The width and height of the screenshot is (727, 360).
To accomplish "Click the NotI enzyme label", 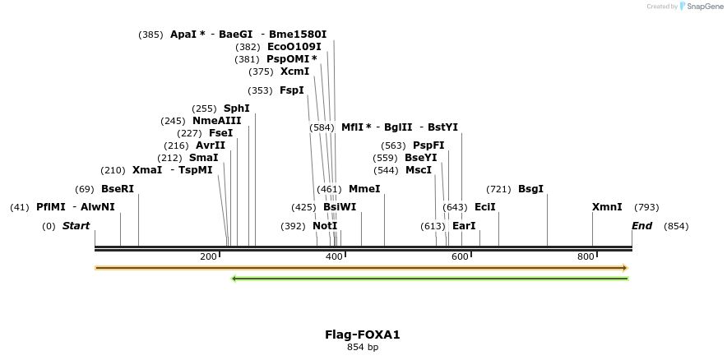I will (x=325, y=226).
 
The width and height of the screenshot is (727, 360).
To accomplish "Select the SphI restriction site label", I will (x=236, y=108).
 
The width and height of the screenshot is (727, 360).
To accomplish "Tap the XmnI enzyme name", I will (x=607, y=207).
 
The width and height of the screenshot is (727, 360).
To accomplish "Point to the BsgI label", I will (x=530, y=189).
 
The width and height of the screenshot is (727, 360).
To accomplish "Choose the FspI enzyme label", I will (x=291, y=90).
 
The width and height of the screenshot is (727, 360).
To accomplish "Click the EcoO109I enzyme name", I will (x=294, y=47).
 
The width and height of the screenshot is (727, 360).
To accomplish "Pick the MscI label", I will (x=418, y=170).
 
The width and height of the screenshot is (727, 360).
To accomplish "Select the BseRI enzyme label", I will (x=117, y=189).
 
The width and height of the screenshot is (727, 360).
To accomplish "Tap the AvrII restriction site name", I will (x=210, y=145).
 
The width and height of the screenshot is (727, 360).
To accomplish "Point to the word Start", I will (x=76, y=226).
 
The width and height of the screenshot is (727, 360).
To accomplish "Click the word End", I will (x=641, y=226).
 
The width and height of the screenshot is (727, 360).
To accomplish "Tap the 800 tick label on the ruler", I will (x=585, y=257).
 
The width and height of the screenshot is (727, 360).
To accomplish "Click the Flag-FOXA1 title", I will (x=363, y=335).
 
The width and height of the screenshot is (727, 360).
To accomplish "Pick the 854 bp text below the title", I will (x=363, y=347).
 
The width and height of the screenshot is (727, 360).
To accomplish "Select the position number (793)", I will (x=646, y=207).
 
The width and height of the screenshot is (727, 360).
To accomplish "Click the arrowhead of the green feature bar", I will (x=234, y=279).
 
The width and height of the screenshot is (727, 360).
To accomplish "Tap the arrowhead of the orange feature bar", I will (x=625, y=268).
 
